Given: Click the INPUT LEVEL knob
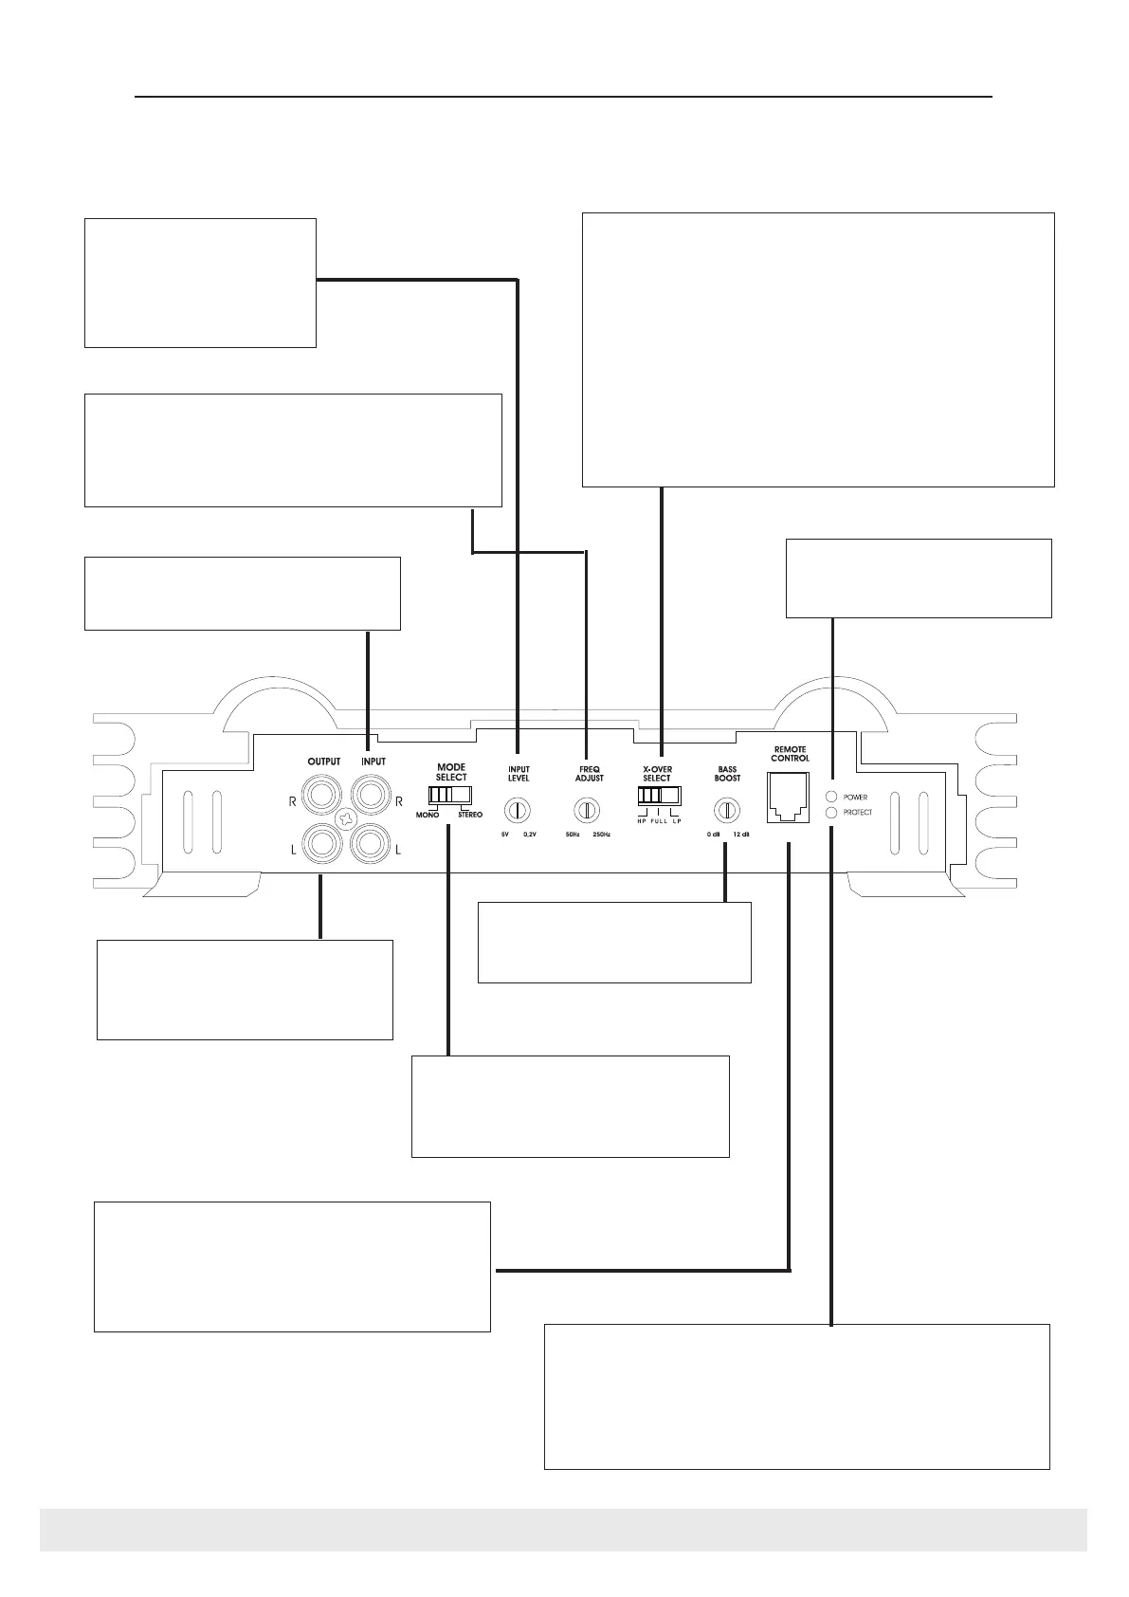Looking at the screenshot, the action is point(519,810).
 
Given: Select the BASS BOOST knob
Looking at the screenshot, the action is point(727,810).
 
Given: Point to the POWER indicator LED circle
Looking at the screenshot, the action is point(831,797).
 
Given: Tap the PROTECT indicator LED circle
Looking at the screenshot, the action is point(831,813).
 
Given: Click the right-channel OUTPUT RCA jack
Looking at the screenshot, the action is point(323,790).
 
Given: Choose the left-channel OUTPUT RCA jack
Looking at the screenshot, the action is point(323,841).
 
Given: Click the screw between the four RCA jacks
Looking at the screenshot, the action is point(347,816).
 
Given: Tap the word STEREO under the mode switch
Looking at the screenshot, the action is point(470,815).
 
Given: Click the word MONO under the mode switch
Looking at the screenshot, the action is point(428,815).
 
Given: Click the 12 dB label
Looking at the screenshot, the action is point(741,835).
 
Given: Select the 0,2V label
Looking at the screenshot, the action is point(531,835).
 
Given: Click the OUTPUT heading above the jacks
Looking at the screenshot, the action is point(324,762).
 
